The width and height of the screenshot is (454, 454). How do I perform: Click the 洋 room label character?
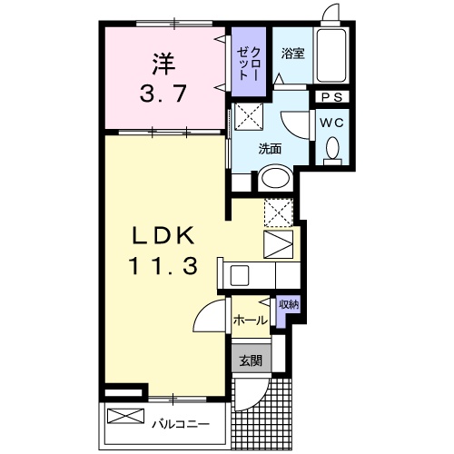tap(162, 66)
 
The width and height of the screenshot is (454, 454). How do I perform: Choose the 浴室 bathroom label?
tap(292, 53)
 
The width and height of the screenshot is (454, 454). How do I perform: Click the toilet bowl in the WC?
tap(331, 147)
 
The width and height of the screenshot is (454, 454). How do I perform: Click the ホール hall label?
tap(250, 321)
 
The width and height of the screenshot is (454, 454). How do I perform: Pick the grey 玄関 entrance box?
tap(251, 360)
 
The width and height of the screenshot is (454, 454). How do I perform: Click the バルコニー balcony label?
tap(180, 423)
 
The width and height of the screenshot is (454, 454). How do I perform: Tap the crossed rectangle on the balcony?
tap(126, 419)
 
